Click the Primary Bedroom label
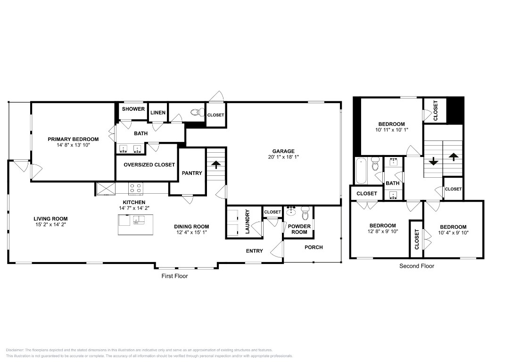(x=73, y=139)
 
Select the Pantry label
(x=192, y=173)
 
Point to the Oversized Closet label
(x=149, y=165)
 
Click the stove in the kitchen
(x=136, y=189)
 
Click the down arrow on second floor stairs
(x=433, y=160)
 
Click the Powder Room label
(x=299, y=229)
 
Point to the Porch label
(x=314, y=247)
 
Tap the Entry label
(x=255, y=251)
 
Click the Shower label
(x=133, y=109)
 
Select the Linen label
(x=158, y=113)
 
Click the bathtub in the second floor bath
(x=361, y=171)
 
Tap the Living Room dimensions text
(x=50, y=225)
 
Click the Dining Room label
(x=192, y=226)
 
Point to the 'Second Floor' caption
(x=417, y=266)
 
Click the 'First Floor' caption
(x=174, y=276)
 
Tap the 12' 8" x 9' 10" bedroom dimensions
(x=382, y=231)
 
